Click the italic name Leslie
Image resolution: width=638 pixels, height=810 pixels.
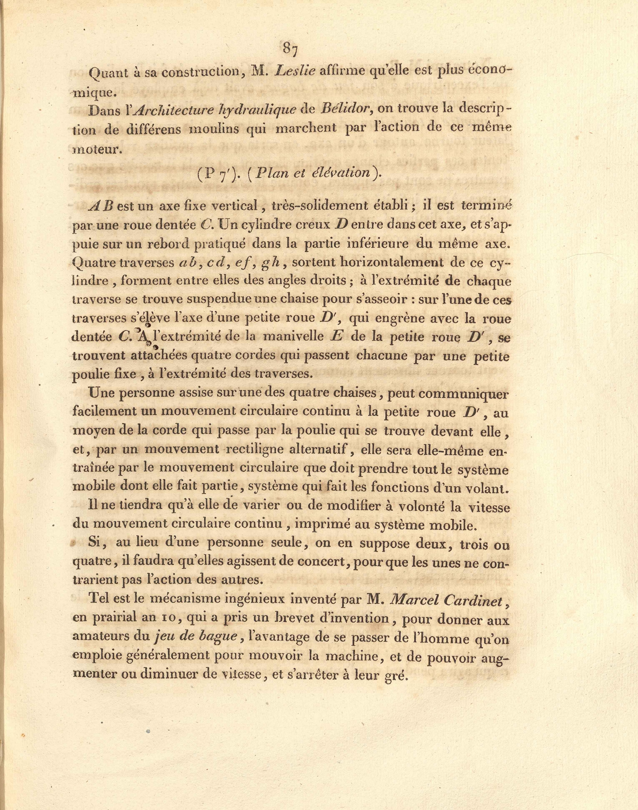coord(295,71)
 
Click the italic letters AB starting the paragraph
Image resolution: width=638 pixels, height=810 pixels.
coord(103,205)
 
